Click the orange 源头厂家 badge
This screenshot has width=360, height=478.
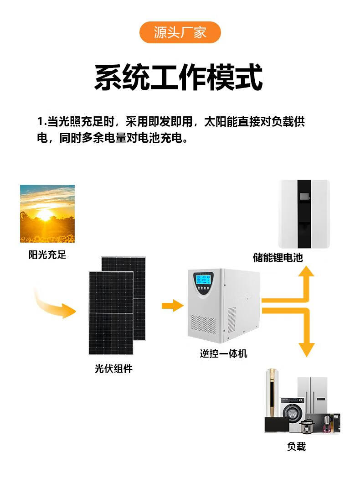click(x=180, y=32)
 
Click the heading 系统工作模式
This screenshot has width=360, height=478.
click(x=179, y=78)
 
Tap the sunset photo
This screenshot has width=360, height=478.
click(x=47, y=213)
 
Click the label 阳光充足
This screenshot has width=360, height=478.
click(x=47, y=255)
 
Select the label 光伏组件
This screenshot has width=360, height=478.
click(x=113, y=369)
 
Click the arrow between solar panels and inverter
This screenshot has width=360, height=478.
click(x=172, y=306)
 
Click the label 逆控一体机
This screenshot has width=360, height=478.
click(x=223, y=353)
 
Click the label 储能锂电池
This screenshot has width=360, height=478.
click(x=278, y=257)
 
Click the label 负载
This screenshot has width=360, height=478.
click(x=296, y=446)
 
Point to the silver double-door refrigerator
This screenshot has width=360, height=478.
click(x=314, y=395)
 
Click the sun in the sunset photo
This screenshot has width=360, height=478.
click(x=45, y=214)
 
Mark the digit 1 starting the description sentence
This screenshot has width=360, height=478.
click(x=40, y=122)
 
